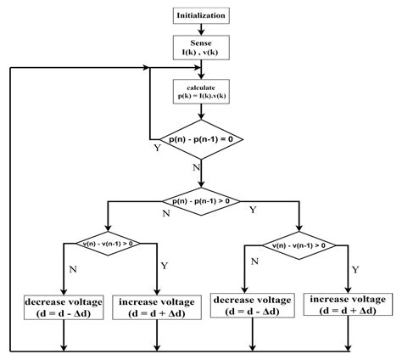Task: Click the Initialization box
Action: point(202,15)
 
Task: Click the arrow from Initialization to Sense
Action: point(202,30)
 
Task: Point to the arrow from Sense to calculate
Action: point(202,71)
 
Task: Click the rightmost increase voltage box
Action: point(349,305)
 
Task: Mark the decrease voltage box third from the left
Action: point(254,305)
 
